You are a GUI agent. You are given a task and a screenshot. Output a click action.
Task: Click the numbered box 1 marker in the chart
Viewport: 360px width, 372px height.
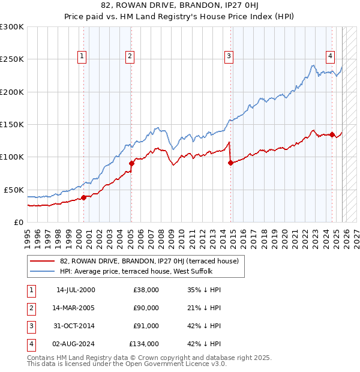(x=82, y=57)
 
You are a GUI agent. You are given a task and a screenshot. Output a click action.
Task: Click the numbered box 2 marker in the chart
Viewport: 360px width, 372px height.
(x=130, y=57)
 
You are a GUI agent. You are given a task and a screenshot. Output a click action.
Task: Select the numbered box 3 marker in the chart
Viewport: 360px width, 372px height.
(x=229, y=57)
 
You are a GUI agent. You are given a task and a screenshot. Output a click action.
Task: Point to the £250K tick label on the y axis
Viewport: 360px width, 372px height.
(x=12, y=59)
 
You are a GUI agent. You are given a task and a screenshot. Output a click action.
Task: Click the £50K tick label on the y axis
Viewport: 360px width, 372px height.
(x=14, y=190)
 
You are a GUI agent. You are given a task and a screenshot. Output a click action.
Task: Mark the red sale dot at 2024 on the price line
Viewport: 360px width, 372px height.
(x=332, y=134)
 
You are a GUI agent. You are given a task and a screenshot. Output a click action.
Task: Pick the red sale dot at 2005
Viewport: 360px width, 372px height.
(x=131, y=163)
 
